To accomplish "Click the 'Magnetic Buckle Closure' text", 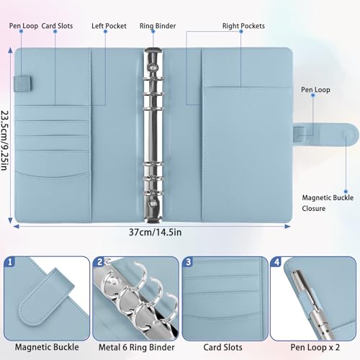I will point(324,201).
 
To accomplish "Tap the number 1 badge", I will point(10,262).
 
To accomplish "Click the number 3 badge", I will point(189,262).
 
